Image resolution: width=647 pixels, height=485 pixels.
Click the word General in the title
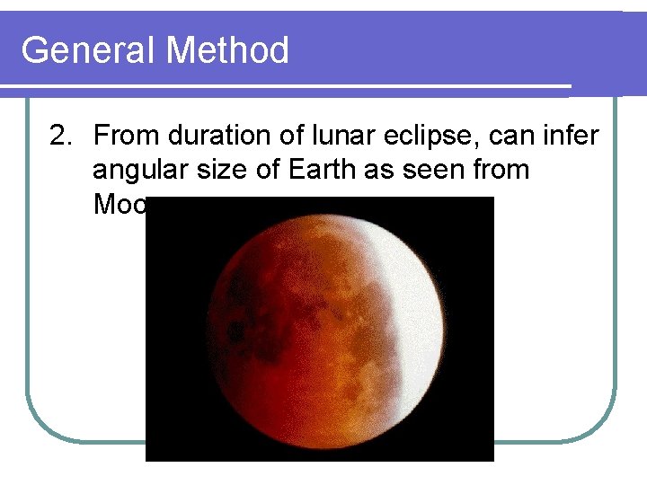[x=89, y=50]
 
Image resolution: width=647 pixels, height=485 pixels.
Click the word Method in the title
[x=227, y=50]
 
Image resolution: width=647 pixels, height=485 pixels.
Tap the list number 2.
[x=60, y=137]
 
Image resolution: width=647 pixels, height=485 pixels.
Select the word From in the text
[x=121, y=137]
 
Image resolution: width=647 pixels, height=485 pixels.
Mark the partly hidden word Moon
[x=119, y=205]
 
